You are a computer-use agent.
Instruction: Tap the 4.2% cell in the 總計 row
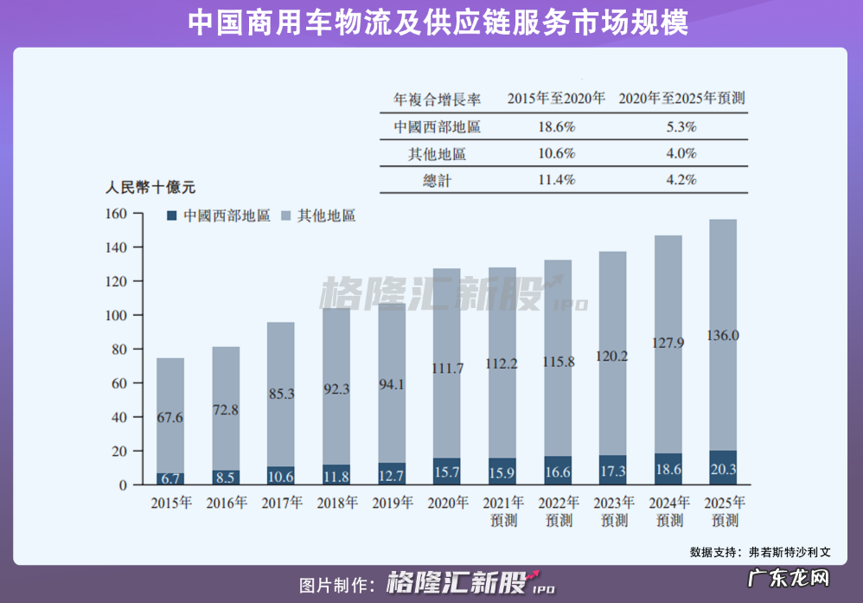tap(681, 180)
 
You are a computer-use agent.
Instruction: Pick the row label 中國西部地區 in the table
tap(437, 126)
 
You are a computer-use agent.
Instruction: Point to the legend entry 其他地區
tap(326, 215)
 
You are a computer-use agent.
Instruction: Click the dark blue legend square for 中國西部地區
tap(171, 215)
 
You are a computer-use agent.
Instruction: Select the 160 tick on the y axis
tap(117, 214)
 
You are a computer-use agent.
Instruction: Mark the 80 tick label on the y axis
tap(119, 350)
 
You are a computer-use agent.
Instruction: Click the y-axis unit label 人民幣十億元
tap(150, 185)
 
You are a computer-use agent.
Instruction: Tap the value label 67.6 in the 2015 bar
tap(170, 418)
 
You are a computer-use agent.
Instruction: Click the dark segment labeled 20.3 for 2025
tap(723, 468)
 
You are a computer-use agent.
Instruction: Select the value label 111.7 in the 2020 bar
tap(447, 369)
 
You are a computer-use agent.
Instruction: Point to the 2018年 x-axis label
tap(337, 504)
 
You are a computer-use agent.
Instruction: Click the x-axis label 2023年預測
tap(613, 511)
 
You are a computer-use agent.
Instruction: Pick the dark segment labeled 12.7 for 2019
tap(392, 474)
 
